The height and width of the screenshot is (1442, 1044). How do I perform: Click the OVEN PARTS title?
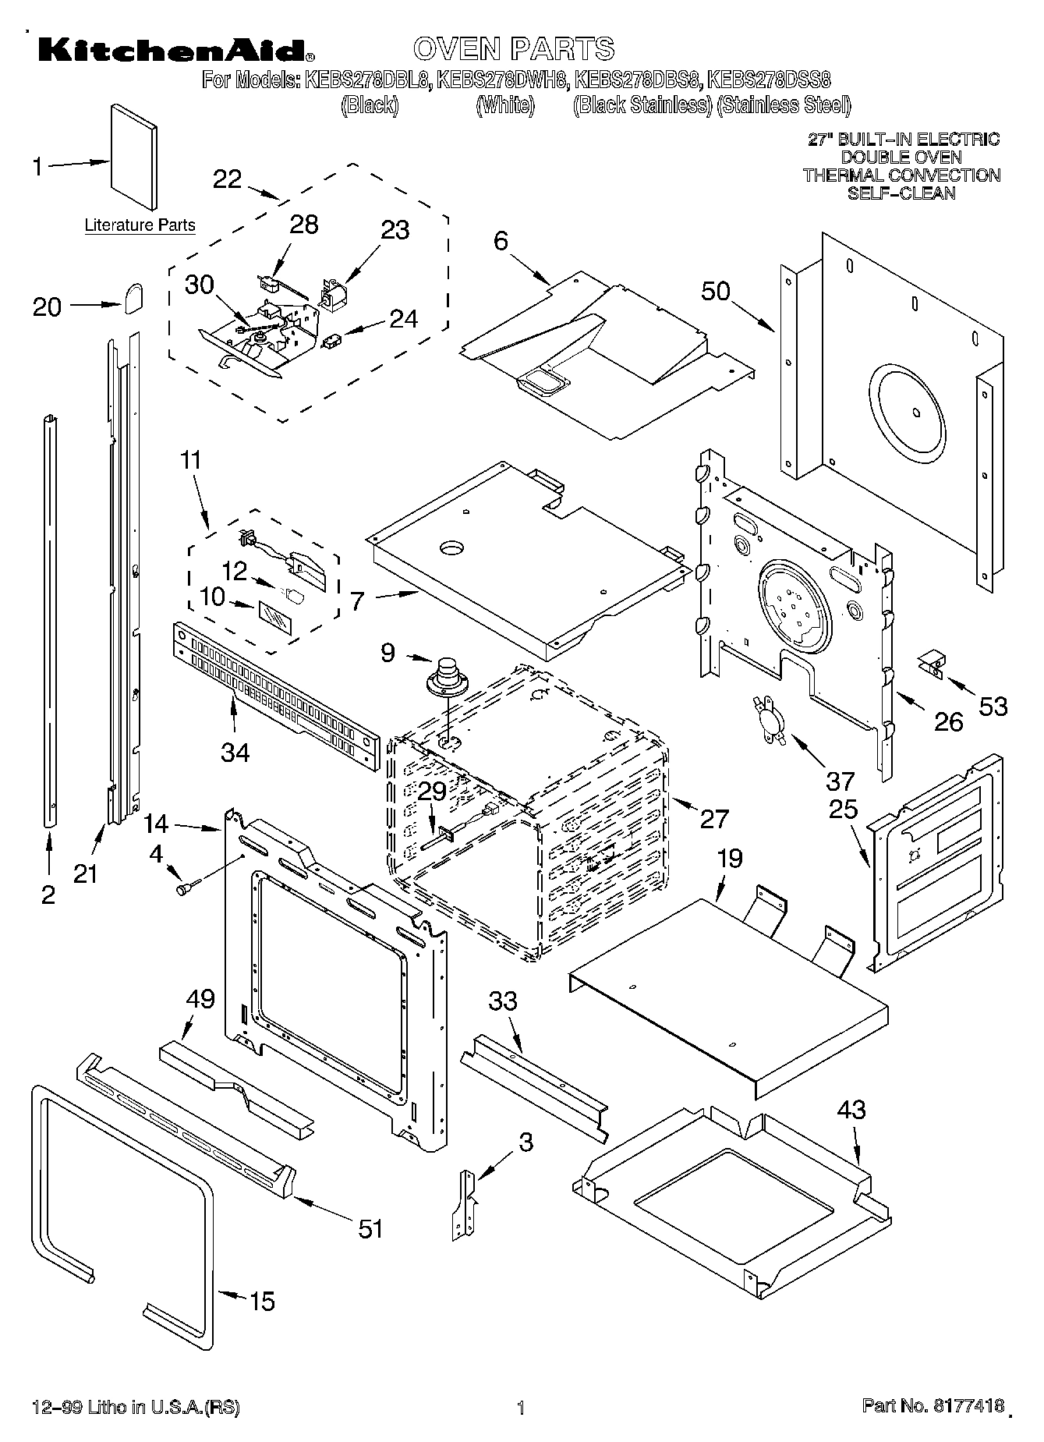coord(514,48)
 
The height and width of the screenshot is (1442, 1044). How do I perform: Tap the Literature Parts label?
coord(140,225)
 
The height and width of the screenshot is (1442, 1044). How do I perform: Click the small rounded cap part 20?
coord(133,296)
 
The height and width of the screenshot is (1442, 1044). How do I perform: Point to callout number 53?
coord(993,707)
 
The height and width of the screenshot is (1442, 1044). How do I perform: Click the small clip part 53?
coord(931,663)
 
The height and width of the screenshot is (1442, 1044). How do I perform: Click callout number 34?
coord(235,752)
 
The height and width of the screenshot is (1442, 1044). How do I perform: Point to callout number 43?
coord(851,1109)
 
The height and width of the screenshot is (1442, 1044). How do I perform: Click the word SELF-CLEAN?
coord(901,193)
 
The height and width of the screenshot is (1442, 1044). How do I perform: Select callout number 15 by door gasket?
coord(262,1301)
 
